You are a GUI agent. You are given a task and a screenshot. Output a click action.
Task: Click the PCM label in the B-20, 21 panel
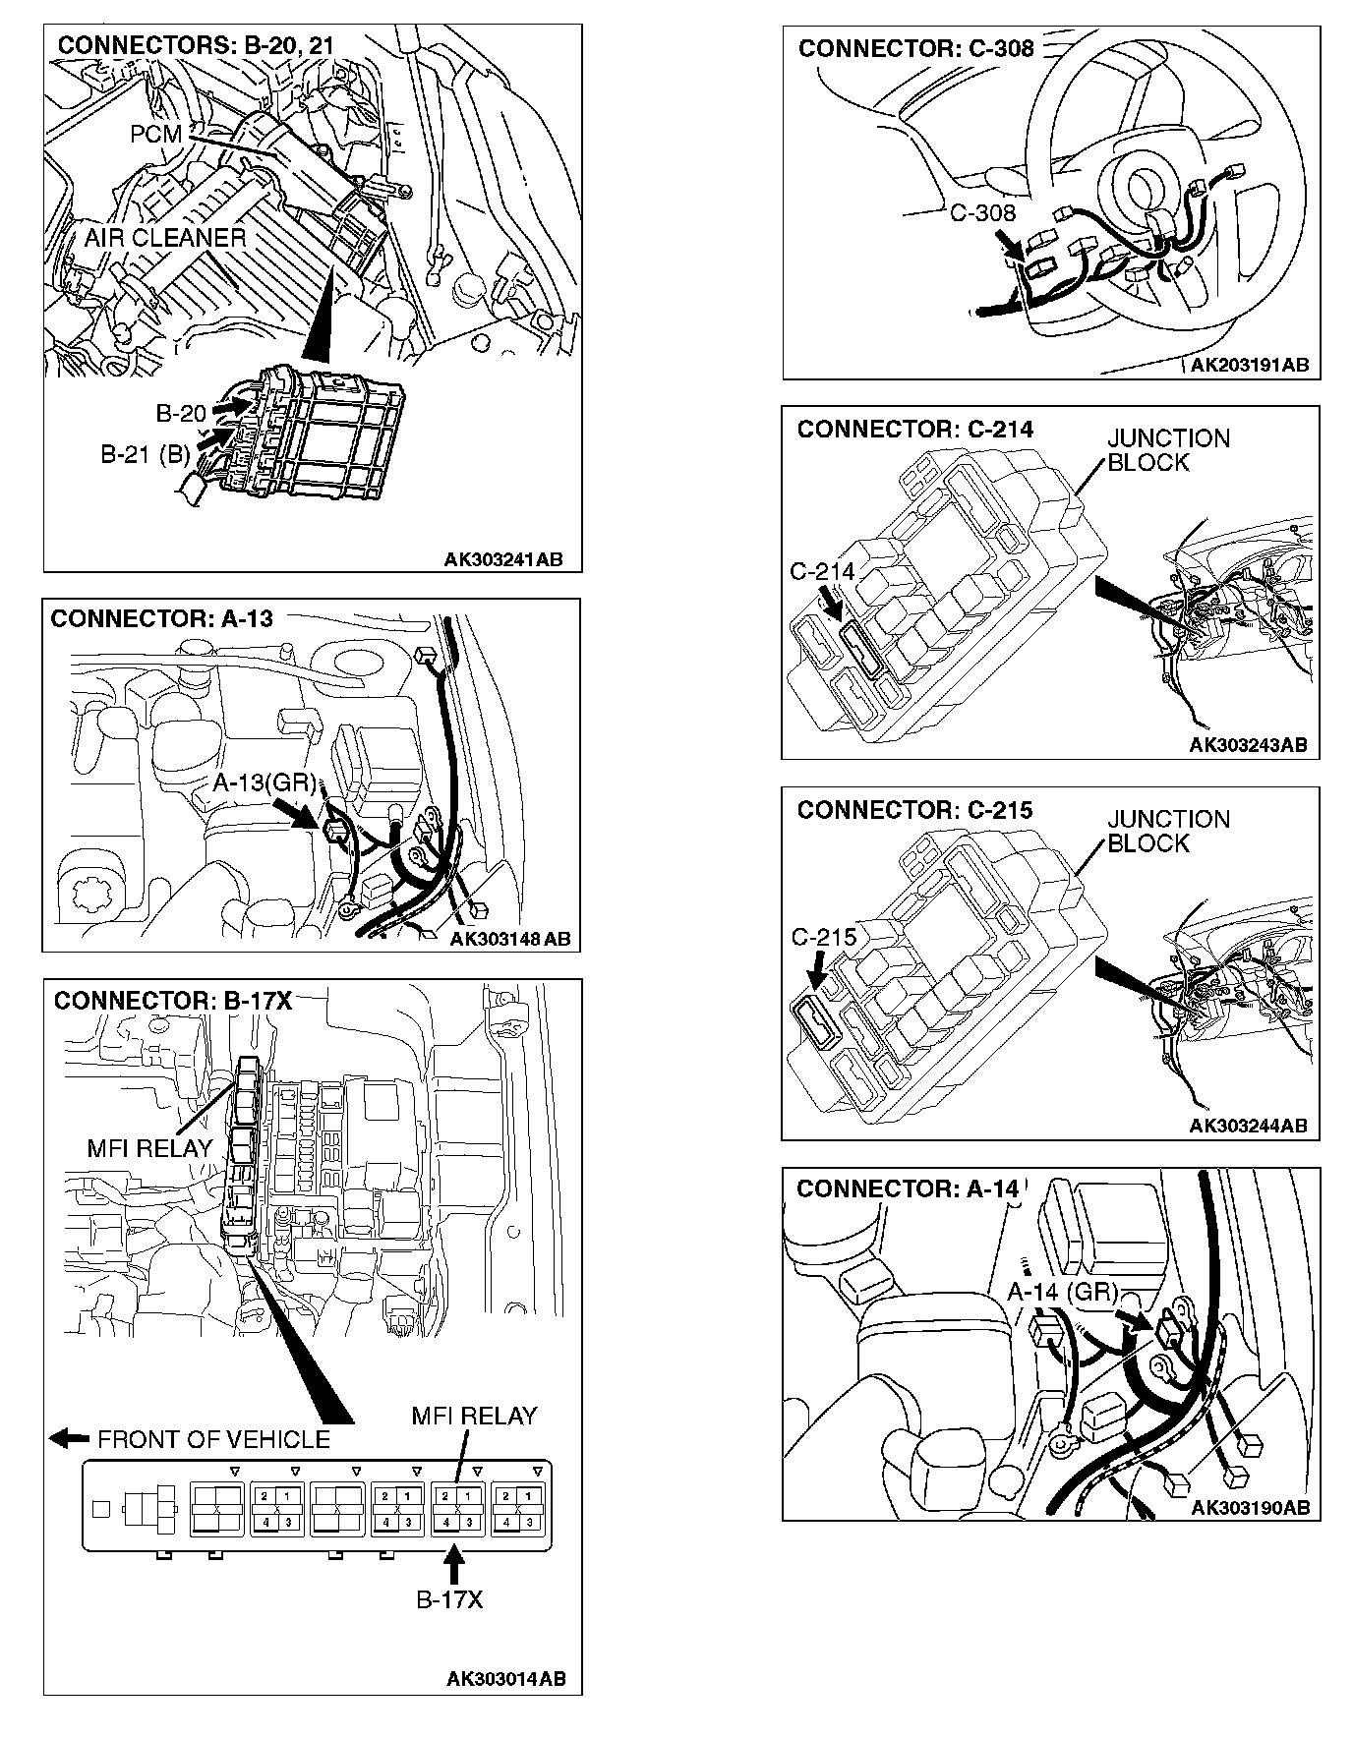(155, 134)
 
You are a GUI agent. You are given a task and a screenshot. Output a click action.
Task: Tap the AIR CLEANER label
(164, 238)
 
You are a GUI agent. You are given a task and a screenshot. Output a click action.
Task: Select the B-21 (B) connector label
(145, 454)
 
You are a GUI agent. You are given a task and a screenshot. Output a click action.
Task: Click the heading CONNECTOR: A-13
(161, 618)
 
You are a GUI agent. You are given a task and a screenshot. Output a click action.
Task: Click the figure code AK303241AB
(503, 559)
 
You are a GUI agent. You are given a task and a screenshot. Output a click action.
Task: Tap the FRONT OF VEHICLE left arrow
(69, 1439)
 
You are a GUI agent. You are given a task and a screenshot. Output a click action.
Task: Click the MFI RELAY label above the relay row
(474, 1416)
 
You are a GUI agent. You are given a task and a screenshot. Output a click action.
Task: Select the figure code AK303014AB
(506, 1678)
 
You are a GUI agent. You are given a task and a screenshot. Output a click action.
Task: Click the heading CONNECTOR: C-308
(915, 48)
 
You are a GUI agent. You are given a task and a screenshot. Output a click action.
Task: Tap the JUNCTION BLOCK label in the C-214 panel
(1168, 450)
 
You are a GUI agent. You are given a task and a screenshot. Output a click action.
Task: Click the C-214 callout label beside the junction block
(822, 571)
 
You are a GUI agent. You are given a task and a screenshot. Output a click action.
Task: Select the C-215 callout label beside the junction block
(824, 937)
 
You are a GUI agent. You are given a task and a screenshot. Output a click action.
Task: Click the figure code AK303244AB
(1248, 1126)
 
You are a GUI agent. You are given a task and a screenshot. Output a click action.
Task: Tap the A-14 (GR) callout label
(1063, 1292)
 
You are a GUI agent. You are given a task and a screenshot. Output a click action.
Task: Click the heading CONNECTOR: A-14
(908, 1188)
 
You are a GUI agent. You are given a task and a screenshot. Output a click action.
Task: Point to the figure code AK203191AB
(1249, 365)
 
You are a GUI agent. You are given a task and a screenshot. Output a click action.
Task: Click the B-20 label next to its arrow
(181, 412)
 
